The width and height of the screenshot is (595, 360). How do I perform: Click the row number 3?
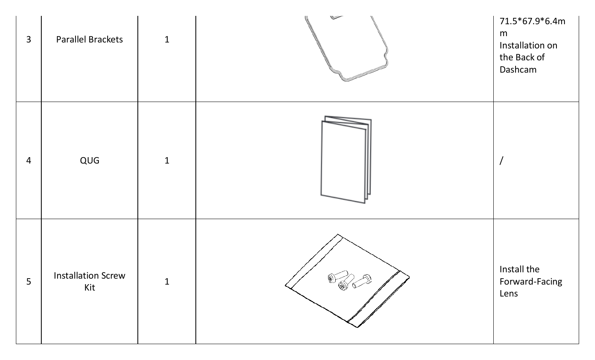[x=29, y=40]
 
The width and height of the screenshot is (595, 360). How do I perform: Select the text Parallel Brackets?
[x=89, y=40]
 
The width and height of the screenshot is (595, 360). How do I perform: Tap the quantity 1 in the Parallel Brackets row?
[x=167, y=40]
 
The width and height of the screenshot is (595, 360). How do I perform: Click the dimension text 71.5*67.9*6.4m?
[x=532, y=21]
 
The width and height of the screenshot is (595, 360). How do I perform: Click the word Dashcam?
[x=518, y=69]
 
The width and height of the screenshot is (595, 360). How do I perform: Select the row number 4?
[x=29, y=160]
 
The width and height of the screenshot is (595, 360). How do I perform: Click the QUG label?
[x=89, y=160]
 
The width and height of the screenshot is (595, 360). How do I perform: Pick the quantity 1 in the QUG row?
[x=167, y=160]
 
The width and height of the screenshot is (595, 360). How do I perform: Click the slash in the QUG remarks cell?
[x=502, y=160]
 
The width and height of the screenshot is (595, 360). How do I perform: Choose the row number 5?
[x=29, y=281]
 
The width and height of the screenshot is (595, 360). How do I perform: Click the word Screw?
[x=112, y=275]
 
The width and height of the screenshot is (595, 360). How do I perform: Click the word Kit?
[x=89, y=287]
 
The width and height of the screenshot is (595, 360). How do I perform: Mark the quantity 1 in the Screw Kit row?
[x=167, y=281]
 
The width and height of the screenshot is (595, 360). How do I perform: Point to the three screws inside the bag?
[x=349, y=281]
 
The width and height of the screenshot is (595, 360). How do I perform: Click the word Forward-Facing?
[x=531, y=281]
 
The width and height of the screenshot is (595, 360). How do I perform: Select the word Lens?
[x=509, y=293]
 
